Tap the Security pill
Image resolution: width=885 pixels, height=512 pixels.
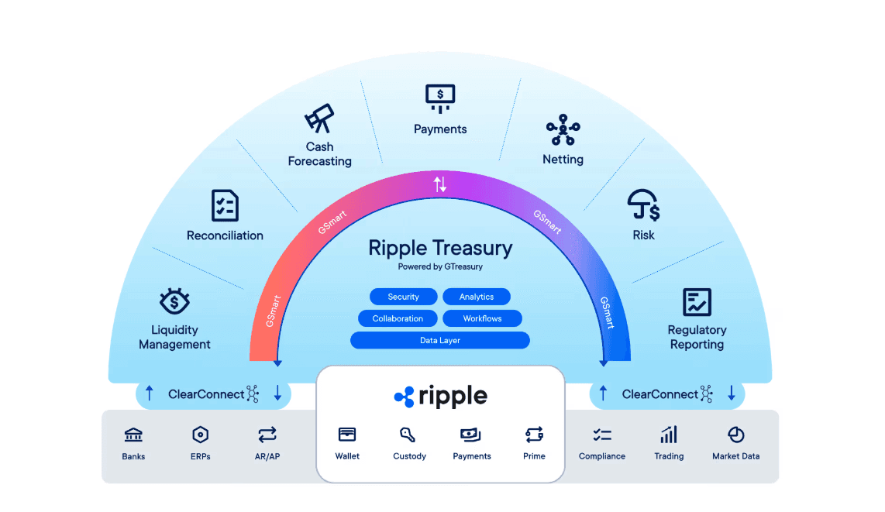pos(403,297)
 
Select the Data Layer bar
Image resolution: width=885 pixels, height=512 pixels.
pos(439,340)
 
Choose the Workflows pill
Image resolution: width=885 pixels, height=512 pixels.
pos(482,318)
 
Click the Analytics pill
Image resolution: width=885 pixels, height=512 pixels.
pos(476,297)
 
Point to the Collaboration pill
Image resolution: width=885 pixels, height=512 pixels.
pos(398,318)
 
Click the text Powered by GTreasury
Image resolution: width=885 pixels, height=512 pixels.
pos(439,266)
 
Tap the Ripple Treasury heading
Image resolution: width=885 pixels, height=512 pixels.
pos(439,248)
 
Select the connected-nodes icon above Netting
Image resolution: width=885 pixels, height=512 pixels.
pos(563,130)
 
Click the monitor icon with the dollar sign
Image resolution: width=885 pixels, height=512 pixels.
pos(440,98)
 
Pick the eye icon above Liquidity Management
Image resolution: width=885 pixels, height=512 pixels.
pos(174,301)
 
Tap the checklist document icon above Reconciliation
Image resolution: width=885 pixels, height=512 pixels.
pos(225,205)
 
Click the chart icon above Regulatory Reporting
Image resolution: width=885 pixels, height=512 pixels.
pos(697,302)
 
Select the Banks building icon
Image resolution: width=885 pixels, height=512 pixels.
pos(133,435)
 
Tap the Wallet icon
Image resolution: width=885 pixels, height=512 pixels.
pos(347,435)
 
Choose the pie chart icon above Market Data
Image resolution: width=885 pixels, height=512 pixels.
pos(735,435)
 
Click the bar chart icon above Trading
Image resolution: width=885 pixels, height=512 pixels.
pos(668,435)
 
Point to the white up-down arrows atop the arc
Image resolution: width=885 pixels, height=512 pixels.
pos(439,184)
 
